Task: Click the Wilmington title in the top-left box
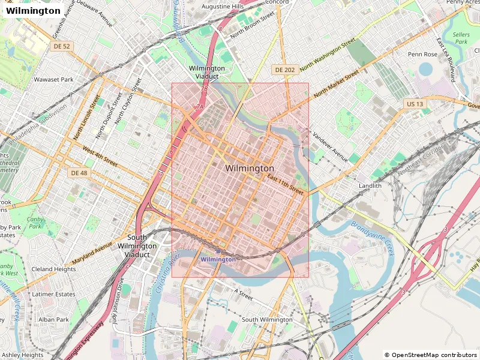tap(33, 11)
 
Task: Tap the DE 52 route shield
tap(62, 46)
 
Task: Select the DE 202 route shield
tap(284, 70)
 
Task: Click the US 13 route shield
tap(414, 104)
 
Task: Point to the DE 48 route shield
tap(79, 173)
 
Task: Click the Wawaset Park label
tap(53, 79)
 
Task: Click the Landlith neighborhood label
tap(370, 186)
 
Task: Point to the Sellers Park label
tap(461, 38)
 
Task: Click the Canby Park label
tap(36, 222)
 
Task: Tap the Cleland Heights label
tap(53, 269)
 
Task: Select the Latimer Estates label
tap(53, 294)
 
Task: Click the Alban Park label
tap(54, 319)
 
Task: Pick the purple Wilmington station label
tap(218, 259)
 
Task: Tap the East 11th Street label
tap(286, 184)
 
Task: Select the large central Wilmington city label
tap(250, 169)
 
